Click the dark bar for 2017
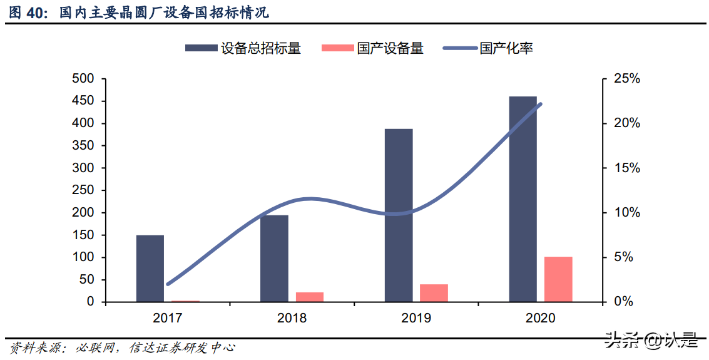(x=150, y=269)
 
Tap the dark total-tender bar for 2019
(x=399, y=215)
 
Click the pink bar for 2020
(x=558, y=279)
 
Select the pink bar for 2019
(x=434, y=293)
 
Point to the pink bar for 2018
(x=310, y=297)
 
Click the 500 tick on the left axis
(x=83, y=79)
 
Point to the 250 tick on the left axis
(x=83, y=190)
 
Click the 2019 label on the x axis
(x=416, y=318)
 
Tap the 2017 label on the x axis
(x=167, y=318)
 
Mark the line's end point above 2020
(x=540, y=104)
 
